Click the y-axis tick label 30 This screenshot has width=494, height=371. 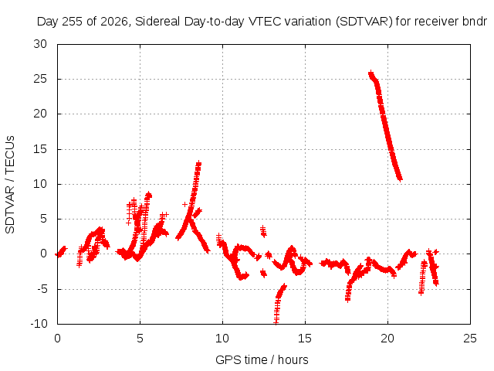40,44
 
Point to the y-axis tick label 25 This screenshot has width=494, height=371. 40,79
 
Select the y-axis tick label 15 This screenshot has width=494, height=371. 40,149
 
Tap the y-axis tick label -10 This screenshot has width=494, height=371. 39,324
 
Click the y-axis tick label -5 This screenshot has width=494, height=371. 42,288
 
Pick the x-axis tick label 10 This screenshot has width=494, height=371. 222,339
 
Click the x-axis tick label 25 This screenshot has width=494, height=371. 470,339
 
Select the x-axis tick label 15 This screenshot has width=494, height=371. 305,339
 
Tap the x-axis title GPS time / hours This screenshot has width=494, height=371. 262,360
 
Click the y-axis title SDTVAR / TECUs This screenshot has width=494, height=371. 10,185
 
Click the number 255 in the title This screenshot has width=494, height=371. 73,22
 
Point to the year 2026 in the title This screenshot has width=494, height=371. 114,22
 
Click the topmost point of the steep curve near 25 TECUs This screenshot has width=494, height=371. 370,73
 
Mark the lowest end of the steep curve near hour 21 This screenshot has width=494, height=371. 400,179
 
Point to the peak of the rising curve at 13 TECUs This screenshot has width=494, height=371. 198,163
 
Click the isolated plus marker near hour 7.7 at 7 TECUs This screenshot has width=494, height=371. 185,204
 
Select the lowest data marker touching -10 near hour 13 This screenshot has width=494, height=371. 276,322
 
